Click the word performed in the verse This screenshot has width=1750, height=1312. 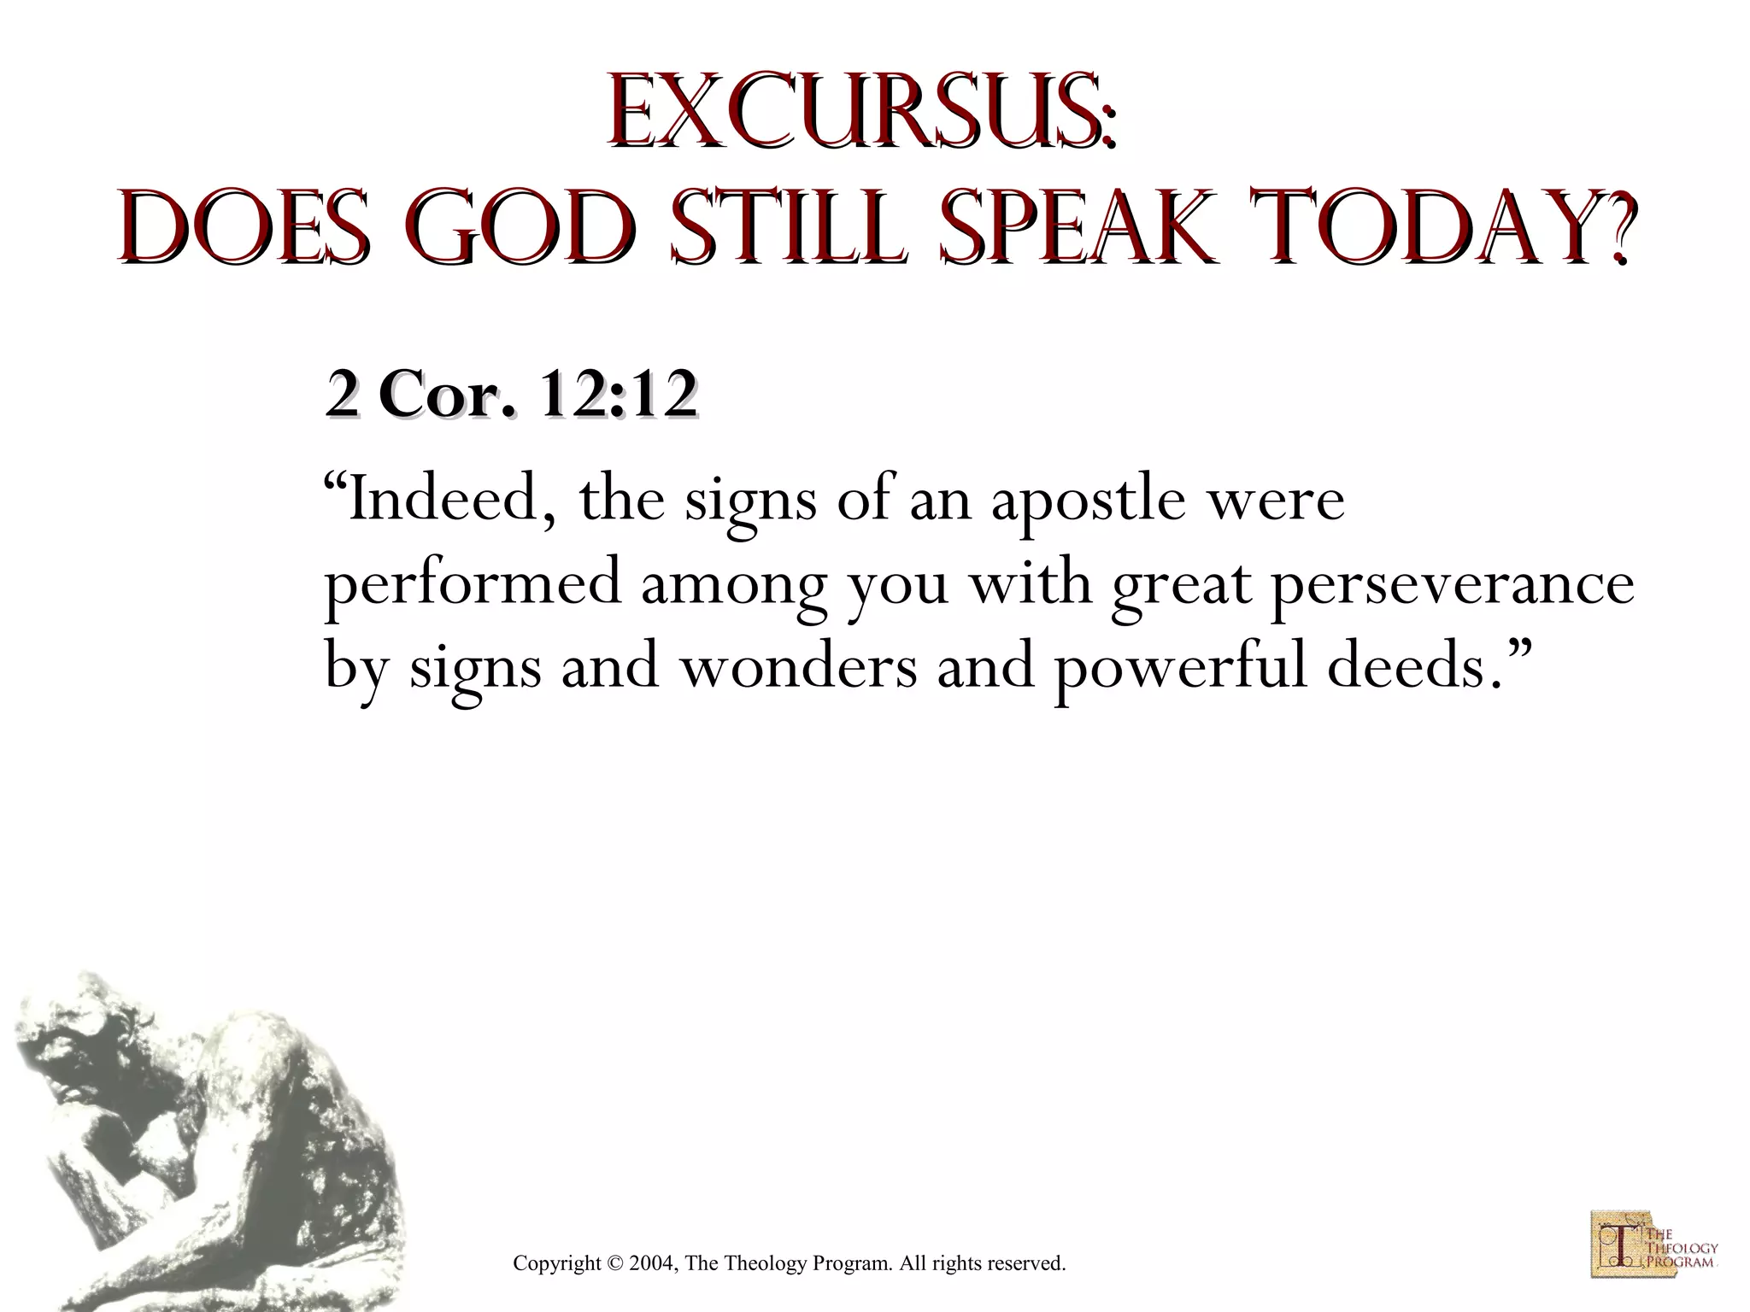point(473,586)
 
